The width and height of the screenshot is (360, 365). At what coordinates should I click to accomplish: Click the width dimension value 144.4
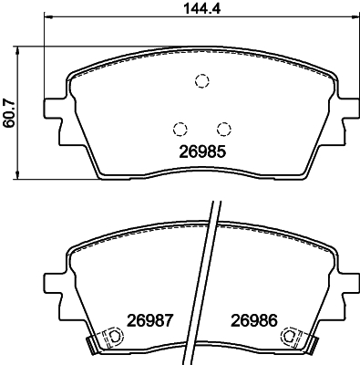pos(202,8)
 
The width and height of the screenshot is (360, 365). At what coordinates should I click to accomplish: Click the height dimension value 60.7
pos(8,112)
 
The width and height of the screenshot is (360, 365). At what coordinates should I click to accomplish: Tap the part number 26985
pos(202,151)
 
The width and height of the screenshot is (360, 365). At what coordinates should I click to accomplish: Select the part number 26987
pos(149,320)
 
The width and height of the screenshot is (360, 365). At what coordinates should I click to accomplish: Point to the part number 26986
pos(254,320)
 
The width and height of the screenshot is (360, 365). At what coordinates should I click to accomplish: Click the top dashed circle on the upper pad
pos(201,81)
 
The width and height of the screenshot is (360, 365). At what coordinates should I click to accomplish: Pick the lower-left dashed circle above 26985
pos(180,129)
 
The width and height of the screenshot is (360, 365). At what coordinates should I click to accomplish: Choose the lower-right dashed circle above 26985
pos(224,129)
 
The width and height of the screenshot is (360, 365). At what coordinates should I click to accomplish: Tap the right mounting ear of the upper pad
pos(350,109)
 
